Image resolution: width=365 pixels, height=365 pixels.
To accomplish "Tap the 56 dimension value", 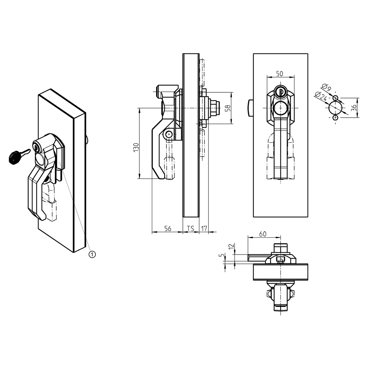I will [167, 228].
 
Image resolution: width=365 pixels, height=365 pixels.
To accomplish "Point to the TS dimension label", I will [191, 228].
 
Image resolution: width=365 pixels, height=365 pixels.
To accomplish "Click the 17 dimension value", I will [204, 228].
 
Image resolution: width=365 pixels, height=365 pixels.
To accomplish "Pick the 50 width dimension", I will [280, 73].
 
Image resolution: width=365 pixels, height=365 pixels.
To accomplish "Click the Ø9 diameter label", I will [326, 87].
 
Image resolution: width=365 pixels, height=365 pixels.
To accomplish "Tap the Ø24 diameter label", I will [320, 94].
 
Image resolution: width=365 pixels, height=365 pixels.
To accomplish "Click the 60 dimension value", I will [262, 234].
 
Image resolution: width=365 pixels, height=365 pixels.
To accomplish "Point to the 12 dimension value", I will [231, 246].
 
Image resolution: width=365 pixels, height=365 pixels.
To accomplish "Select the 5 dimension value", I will [222, 256].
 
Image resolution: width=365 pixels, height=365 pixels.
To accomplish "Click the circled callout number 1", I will [92, 254].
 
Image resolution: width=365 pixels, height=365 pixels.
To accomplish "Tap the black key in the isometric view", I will [14, 157].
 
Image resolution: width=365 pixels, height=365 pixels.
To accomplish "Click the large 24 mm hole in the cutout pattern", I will [335, 108].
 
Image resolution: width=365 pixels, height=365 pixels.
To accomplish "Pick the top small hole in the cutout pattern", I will [335, 98].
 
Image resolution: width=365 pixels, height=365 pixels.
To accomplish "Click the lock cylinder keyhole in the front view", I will [281, 92].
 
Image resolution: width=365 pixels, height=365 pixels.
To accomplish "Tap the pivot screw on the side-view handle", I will [169, 134].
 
